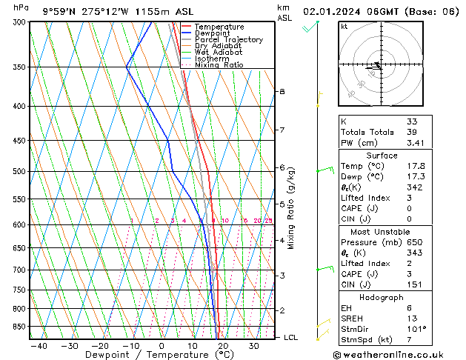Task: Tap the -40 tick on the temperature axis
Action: (x=39, y=346)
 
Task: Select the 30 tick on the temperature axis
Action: (x=253, y=346)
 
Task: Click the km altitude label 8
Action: (x=282, y=91)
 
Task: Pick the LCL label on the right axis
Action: (x=290, y=337)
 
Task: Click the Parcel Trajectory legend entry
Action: (x=228, y=40)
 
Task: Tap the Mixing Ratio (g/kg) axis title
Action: (x=291, y=208)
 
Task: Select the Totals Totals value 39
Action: (x=412, y=132)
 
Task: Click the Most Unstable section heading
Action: (x=381, y=232)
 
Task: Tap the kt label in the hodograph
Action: (x=344, y=27)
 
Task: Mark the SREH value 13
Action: (x=412, y=319)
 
